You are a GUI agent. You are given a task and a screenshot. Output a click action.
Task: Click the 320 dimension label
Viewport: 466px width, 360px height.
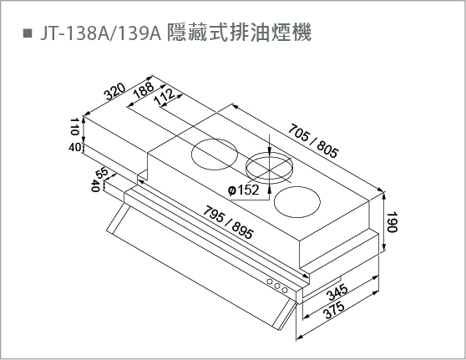pos(114,92)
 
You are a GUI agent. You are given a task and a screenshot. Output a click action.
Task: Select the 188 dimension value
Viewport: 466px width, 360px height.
pos(144,89)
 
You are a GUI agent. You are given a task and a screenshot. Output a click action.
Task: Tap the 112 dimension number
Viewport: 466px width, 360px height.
pos(165,96)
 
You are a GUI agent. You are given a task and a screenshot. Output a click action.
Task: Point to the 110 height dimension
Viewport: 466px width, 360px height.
pos(74,126)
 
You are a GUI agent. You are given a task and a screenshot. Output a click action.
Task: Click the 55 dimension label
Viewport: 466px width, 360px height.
pos(102,173)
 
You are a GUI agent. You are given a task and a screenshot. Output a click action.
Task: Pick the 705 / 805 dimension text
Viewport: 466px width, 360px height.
pos(313,141)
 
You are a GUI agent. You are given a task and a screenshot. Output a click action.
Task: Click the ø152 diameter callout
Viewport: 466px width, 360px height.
pos(243,190)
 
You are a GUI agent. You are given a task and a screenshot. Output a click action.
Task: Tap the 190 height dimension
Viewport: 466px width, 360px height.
pos(392,222)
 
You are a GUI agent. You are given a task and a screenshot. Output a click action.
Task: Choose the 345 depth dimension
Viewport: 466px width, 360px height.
pos(337,292)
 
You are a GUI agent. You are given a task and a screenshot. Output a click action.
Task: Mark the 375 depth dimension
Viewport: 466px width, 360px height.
pos(334,310)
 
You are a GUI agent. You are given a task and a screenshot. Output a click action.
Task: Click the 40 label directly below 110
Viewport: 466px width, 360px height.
pos(74,147)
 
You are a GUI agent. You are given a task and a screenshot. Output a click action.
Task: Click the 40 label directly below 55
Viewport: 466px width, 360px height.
pos(95,185)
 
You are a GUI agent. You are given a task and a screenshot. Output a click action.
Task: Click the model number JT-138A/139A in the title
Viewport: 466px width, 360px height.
pos(100,33)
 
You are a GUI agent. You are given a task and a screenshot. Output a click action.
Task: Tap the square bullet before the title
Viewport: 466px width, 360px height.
pos(28,33)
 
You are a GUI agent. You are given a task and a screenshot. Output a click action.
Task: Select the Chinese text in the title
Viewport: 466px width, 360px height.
pos(239,33)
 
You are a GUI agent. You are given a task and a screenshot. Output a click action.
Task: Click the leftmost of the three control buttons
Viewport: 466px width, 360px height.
pos(270,281)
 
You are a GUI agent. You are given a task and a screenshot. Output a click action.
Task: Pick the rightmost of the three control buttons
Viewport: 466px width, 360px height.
pos(285,290)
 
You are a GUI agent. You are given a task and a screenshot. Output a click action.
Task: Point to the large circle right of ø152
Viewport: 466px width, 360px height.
pos(297,202)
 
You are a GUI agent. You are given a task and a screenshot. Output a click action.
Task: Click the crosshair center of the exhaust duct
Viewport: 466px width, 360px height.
pos(269,170)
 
